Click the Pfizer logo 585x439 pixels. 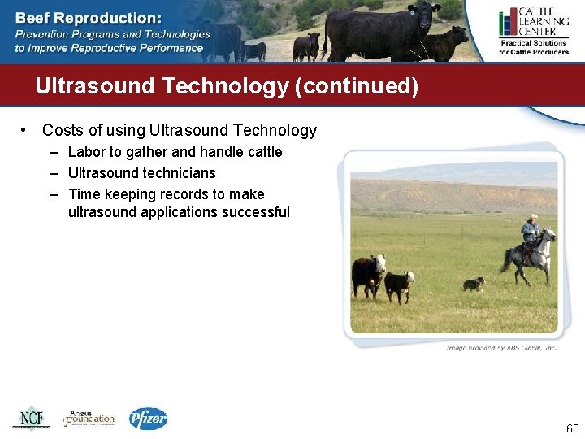point(148,419)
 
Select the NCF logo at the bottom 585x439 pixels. point(31,418)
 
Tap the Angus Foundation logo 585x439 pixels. point(89,418)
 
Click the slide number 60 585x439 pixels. point(571,428)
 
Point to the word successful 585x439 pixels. point(251,212)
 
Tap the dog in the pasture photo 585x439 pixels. point(473,284)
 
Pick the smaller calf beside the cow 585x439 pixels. point(398,285)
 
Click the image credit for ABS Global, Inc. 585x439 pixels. point(501,348)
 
